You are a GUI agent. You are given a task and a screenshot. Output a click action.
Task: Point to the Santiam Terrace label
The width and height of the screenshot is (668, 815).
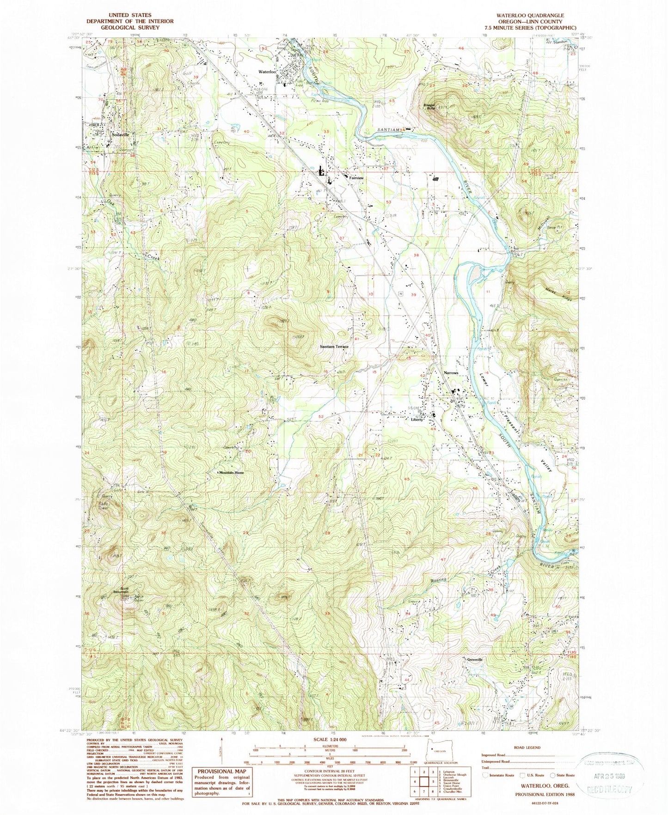tap(334, 346)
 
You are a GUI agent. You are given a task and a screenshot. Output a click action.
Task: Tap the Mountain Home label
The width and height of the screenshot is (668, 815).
tap(231, 473)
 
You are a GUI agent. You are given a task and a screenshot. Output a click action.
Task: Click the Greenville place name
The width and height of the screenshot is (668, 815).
tap(474, 660)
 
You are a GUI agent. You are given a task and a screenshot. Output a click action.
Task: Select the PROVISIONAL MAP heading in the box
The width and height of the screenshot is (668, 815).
tap(219, 771)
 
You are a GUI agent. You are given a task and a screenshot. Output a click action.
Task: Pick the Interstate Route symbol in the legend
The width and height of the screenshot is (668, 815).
tap(484, 775)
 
